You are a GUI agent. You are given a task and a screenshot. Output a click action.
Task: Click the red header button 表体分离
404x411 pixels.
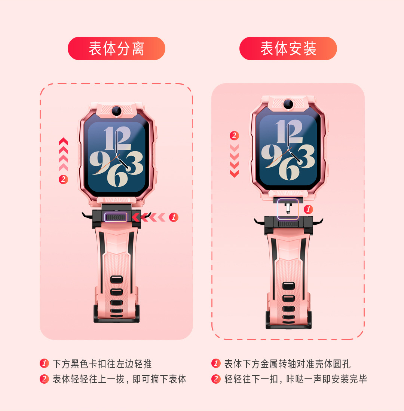point(116,49)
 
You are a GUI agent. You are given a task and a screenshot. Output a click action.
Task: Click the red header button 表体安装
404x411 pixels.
point(288,49)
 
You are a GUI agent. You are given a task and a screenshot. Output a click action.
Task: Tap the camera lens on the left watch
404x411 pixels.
point(117,111)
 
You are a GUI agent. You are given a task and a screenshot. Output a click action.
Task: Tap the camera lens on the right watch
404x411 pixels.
point(288,104)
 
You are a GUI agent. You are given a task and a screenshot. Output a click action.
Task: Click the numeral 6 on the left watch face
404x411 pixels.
point(117,176)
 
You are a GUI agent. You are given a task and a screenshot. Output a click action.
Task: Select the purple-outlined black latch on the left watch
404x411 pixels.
point(116,217)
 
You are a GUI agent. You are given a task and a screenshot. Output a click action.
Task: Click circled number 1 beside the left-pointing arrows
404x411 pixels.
point(174,217)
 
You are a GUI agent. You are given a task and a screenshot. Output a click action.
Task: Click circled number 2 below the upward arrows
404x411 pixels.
point(63,179)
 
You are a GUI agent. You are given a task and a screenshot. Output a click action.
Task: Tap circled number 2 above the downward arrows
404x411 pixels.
point(234,136)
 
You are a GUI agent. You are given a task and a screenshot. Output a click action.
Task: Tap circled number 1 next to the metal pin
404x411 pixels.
point(308,209)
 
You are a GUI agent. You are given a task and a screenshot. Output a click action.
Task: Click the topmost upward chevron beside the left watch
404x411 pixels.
point(63,141)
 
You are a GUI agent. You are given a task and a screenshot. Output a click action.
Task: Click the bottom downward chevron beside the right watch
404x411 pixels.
point(234,174)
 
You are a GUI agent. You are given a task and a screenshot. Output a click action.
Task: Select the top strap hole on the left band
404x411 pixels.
point(117,279)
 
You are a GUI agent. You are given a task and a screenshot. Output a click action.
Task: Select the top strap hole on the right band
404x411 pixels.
point(288,286)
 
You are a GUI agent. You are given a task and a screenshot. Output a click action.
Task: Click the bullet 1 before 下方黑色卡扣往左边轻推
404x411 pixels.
point(44,363)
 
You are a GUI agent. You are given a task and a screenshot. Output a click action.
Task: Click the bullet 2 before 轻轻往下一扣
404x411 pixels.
point(216,379)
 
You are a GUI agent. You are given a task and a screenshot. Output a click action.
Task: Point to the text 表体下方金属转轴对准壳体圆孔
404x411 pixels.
point(287,364)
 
